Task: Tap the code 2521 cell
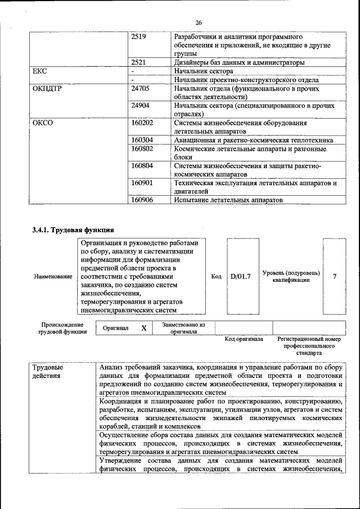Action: pos(138,62)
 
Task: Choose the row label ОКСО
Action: pos(43,123)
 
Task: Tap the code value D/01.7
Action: pos(241,277)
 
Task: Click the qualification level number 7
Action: pos(335,277)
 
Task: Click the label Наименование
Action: pos(53,277)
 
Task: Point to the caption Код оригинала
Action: pos(244,339)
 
